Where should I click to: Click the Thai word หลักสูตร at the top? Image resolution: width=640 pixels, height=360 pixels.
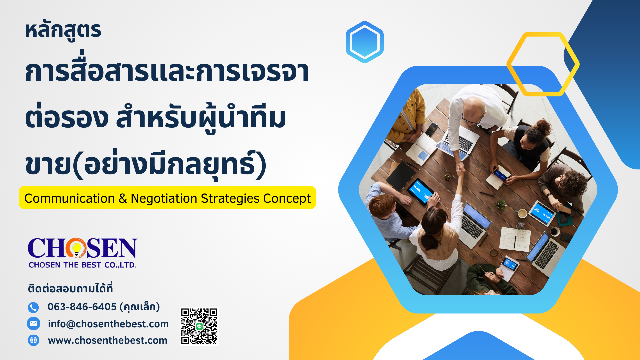point(63,31)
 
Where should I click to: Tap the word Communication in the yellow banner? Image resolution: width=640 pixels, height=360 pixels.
point(69,198)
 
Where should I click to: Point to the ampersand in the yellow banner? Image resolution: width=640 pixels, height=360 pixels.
point(123,199)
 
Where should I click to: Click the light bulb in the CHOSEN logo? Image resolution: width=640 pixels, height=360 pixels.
point(77,249)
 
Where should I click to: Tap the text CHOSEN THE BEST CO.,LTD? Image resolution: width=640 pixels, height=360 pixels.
point(83,265)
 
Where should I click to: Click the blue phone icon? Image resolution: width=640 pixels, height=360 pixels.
point(33,307)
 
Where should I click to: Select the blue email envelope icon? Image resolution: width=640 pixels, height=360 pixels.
point(33,323)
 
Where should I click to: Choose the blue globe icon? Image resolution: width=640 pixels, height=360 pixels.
point(33,340)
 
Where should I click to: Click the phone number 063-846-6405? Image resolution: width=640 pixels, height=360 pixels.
point(82,307)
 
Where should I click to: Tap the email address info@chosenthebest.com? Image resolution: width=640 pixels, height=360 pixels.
point(108,324)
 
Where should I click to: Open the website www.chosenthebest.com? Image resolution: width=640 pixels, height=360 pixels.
point(108,340)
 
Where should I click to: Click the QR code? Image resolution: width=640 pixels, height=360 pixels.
point(199,327)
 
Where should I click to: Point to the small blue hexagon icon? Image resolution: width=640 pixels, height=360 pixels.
point(365,42)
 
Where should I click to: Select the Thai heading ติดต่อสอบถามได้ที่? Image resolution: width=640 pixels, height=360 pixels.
point(70,288)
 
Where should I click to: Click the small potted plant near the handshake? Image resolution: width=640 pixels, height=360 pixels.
point(447,177)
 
